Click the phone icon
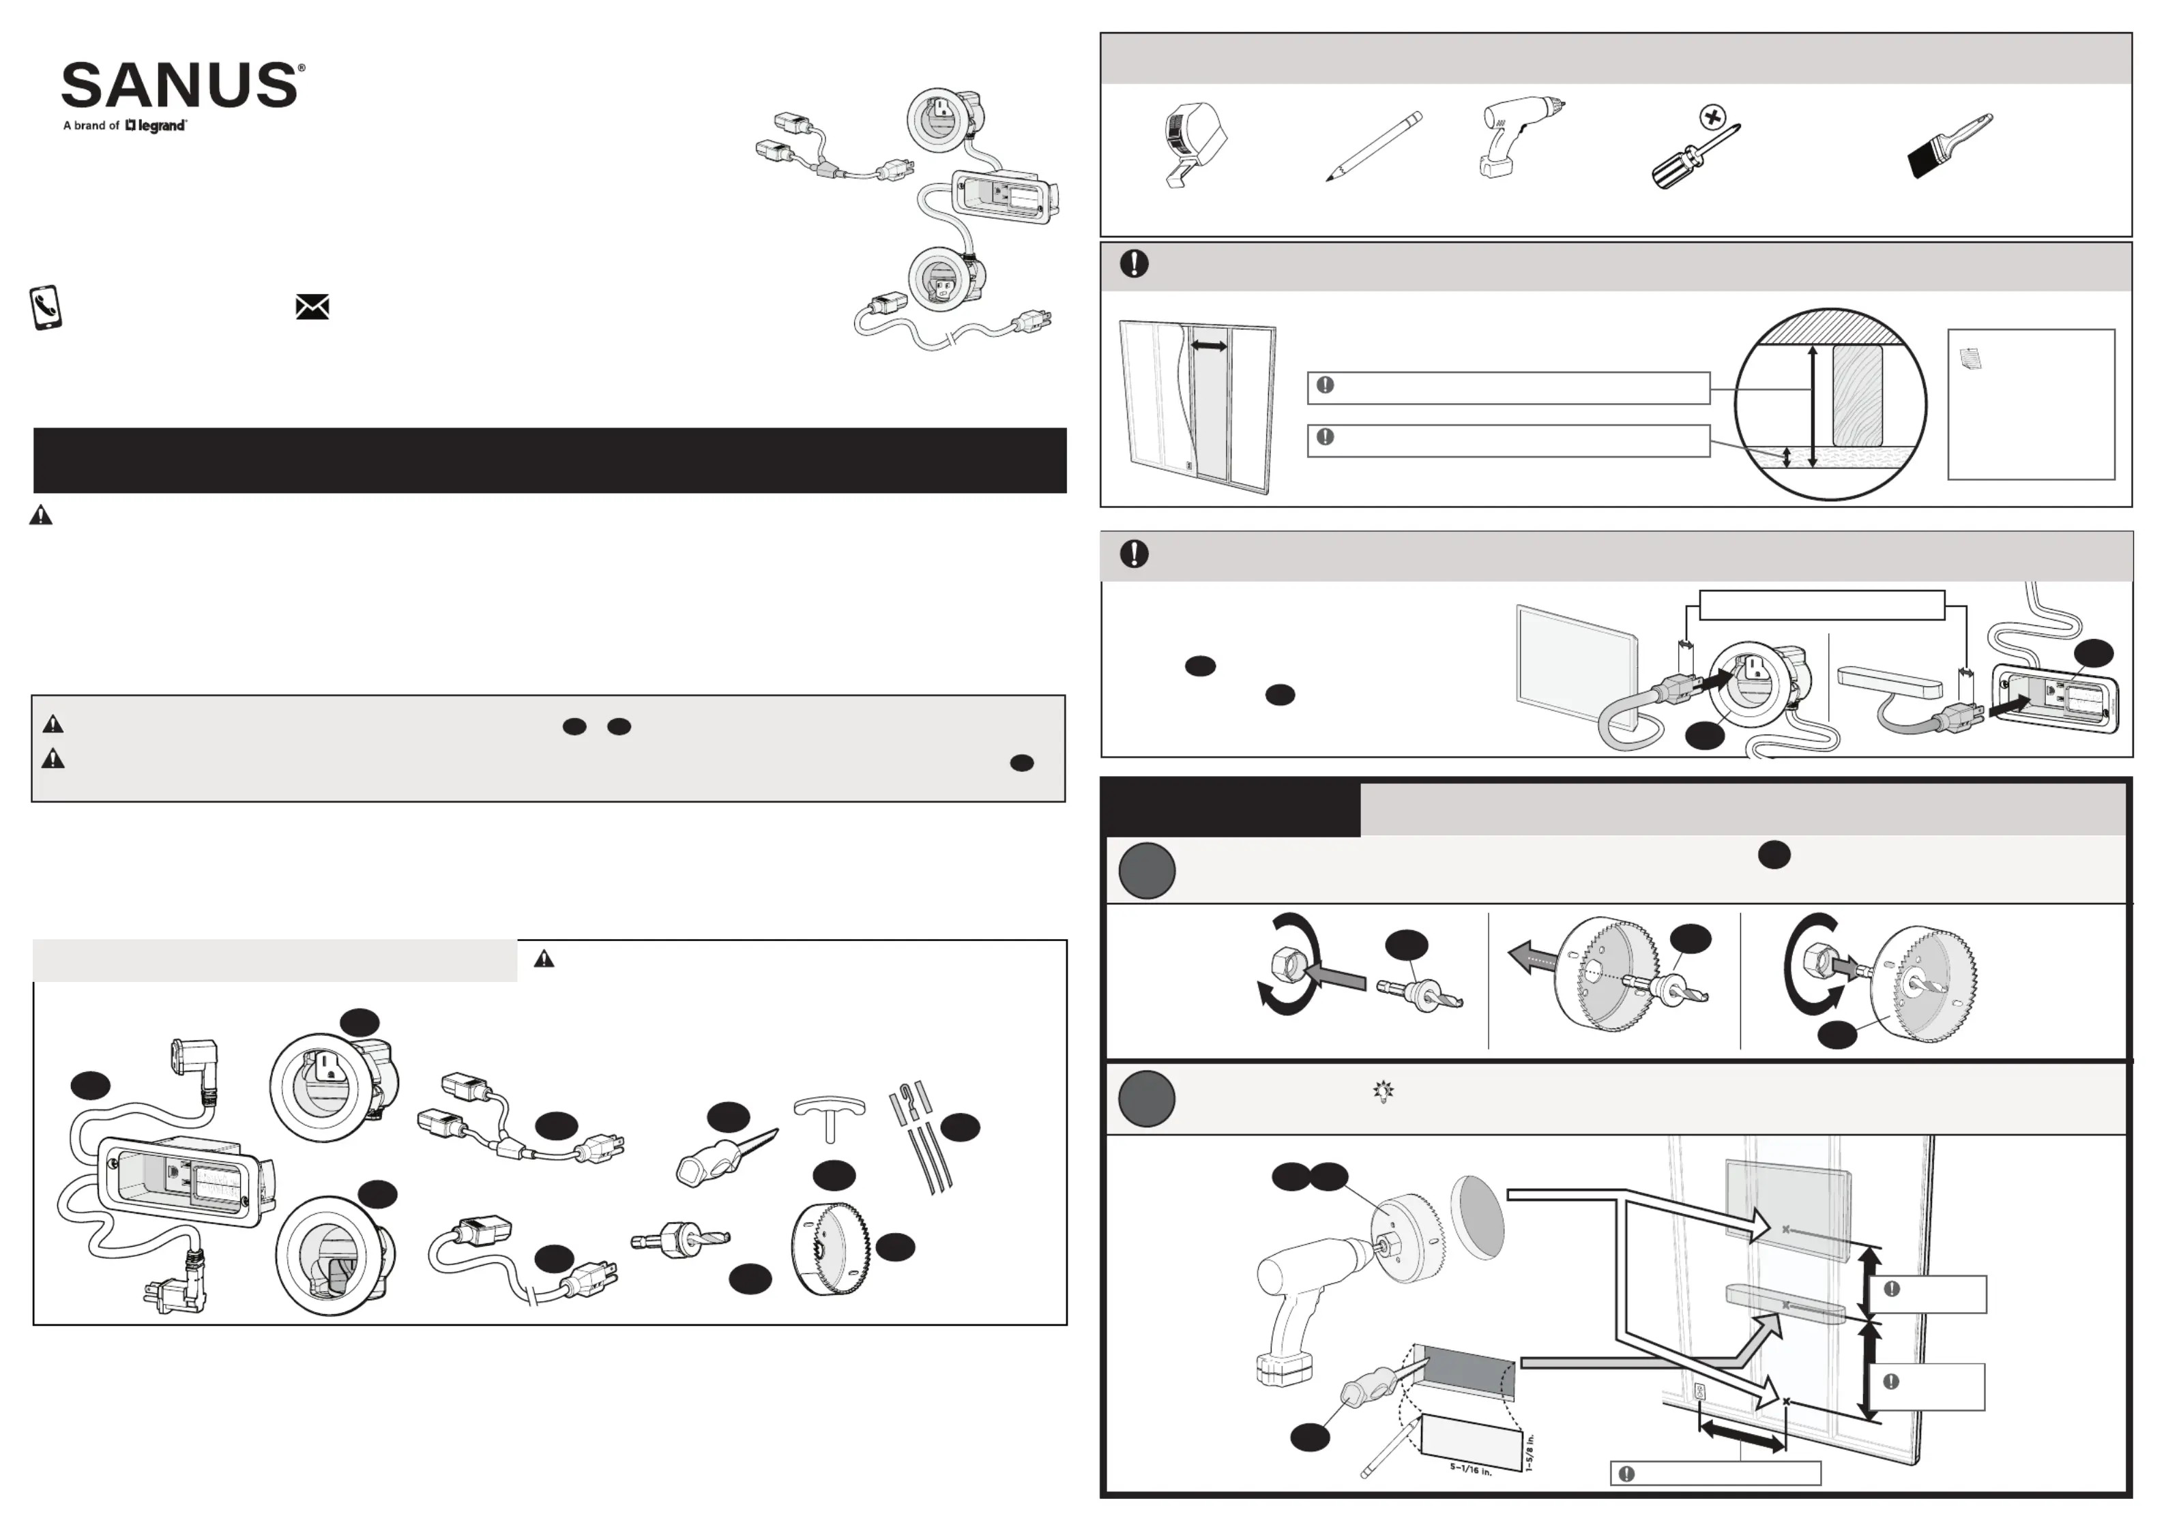pyautogui.click(x=45, y=308)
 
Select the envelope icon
pyautogui.click(x=312, y=307)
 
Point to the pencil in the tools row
pyautogui.click(x=1373, y=146)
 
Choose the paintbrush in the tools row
pyautogui.click(x=1949, y=146)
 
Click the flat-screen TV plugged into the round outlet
pyautogui.click(x=1575, y=668)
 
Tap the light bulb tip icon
pyautogui.click(x=1383, y=1091)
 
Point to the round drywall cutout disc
pyautogui.click(x=1476, y=1216)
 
